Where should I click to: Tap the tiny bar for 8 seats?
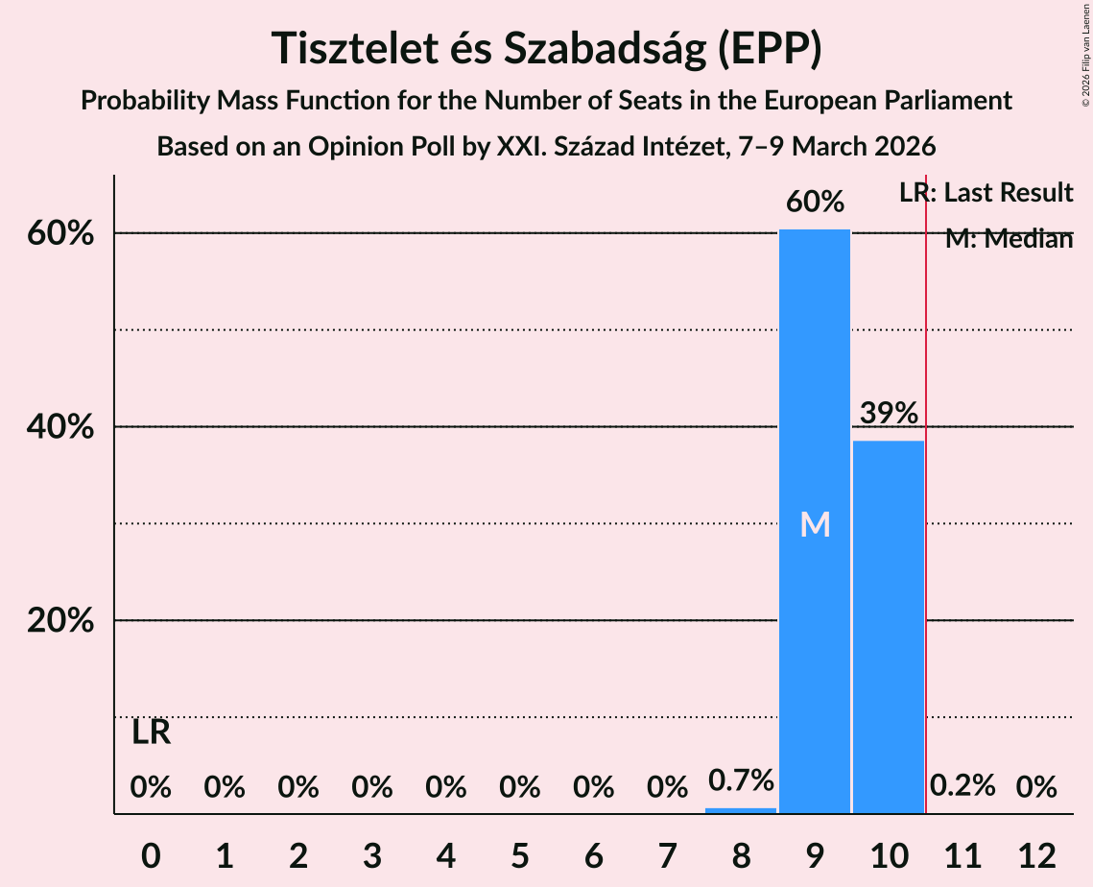click(x=741, y=810)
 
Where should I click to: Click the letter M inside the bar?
click(x=815, y=524)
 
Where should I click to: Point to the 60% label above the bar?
click(x=815, y=203)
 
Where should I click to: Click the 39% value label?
click(x=889, y=414)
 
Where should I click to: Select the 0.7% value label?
click(x=741, y=780)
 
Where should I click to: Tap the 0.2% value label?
click(x=962, y=786)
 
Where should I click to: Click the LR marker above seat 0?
click(x=151, y=733)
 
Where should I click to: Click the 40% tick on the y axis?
click(x=59, y=427)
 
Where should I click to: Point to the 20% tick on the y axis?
click(x=59, y=621)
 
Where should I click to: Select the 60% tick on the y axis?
click(x=59, y=234)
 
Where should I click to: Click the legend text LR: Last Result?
click(x=986, y=193)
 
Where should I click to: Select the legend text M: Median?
click(x=1008, y=239)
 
